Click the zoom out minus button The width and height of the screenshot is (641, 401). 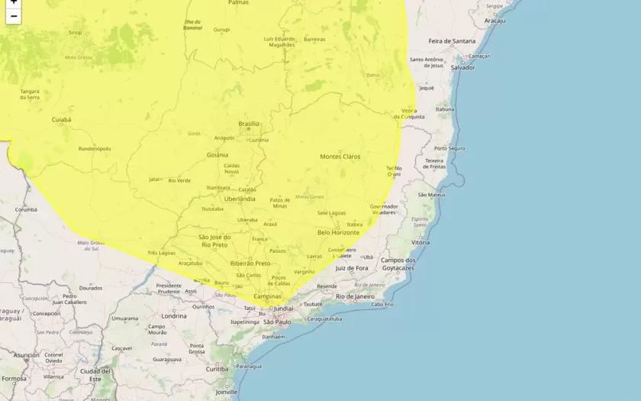[x=13, y=16]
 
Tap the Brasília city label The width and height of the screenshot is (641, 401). [x=249, y=124]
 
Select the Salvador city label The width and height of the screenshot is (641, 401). [x=462, y=67]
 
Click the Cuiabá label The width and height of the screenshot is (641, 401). [x=61, y=120]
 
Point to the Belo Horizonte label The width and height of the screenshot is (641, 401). [x=338, y=232]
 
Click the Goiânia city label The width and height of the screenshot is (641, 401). [x=217, y=154]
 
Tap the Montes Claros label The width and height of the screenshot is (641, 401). [x=340, y=157]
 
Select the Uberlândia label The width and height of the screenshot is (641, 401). [x=240, y=199]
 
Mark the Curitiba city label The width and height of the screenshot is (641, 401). [x=217, y=369]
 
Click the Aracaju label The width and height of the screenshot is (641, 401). [x=494, y=21]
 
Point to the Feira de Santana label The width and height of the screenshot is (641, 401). [x=452, y=40]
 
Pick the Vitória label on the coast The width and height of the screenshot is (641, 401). [x=420, y=242]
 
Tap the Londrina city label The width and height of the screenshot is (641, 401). [x=173, y=315]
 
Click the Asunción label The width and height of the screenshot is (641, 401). [x=26, y=355]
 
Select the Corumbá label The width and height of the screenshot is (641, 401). [x=26, y=209]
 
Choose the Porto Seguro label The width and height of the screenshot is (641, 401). [x=449, y=148]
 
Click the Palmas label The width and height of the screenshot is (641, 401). [x=238, y=3]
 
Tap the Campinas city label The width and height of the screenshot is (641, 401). [x=267, y=296]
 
